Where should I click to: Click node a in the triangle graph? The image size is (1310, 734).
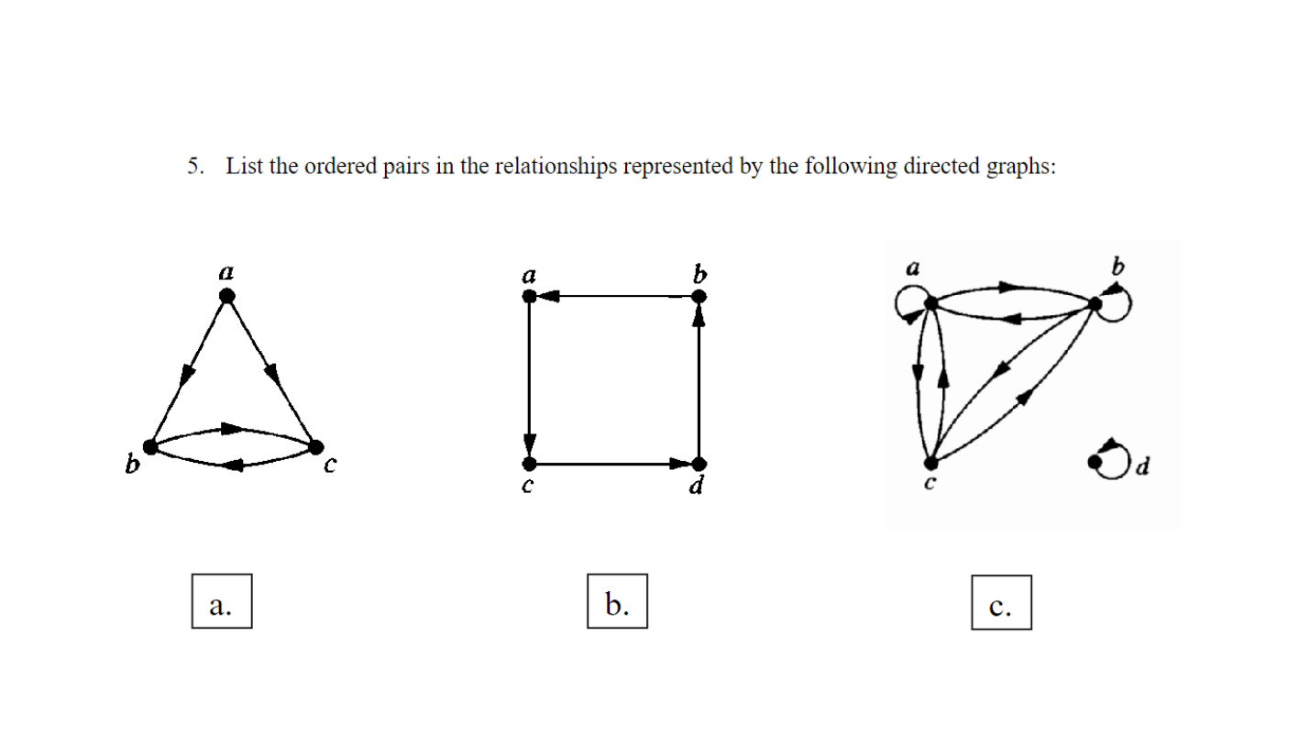(x=227, y=295)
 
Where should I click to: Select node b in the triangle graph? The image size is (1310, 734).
(x=151, y=446)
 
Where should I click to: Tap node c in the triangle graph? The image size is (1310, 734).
(x=316, y=447)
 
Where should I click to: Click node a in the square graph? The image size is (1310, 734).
(x=529, y=296)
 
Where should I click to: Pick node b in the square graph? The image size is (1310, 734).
(x=699, y=296)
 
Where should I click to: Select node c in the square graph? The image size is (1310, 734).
(x=529, y=464)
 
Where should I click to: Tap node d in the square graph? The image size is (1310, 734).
(x=699, y=464)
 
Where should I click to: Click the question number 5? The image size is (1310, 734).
(x=193, y=167)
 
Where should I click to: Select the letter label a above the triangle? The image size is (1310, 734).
(x=226, y=271)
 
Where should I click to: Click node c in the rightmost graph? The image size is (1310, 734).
(x=930, y=463)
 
